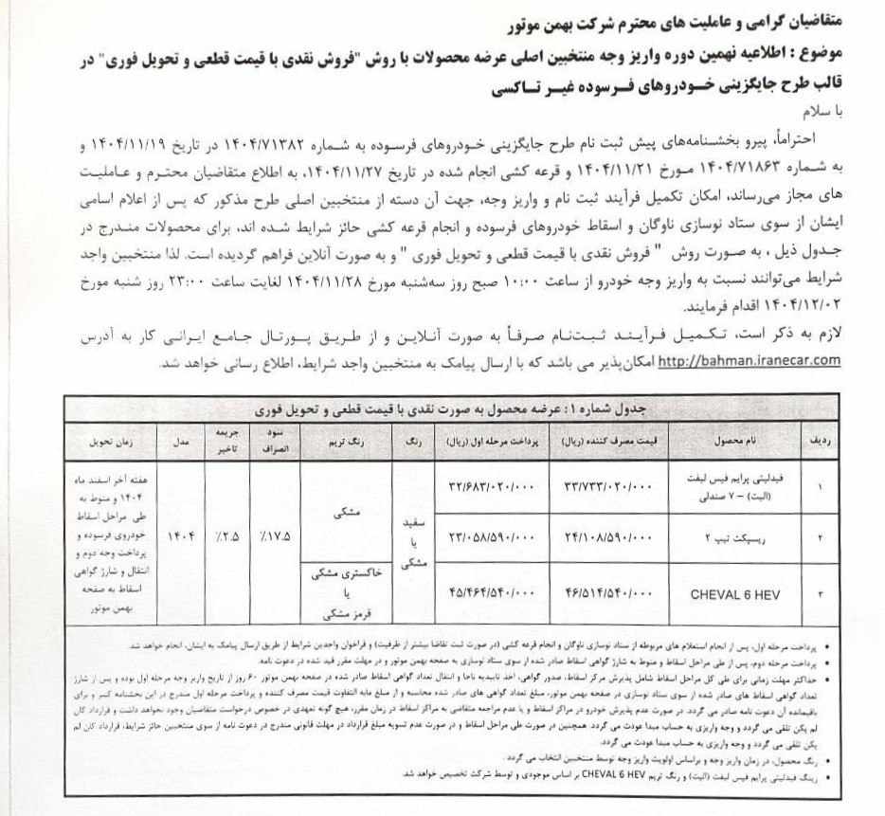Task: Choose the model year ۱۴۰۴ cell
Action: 180,535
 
